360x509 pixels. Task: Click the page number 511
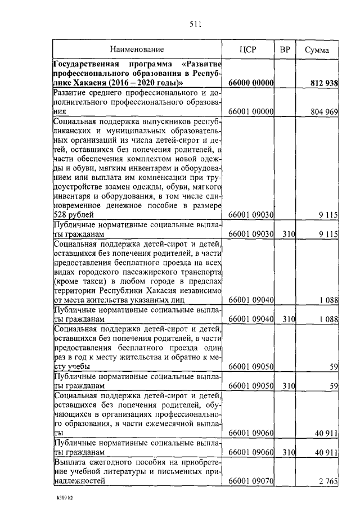pos(195,24)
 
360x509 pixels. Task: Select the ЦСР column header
pos(247,49)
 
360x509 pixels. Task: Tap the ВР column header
pos(285,49)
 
